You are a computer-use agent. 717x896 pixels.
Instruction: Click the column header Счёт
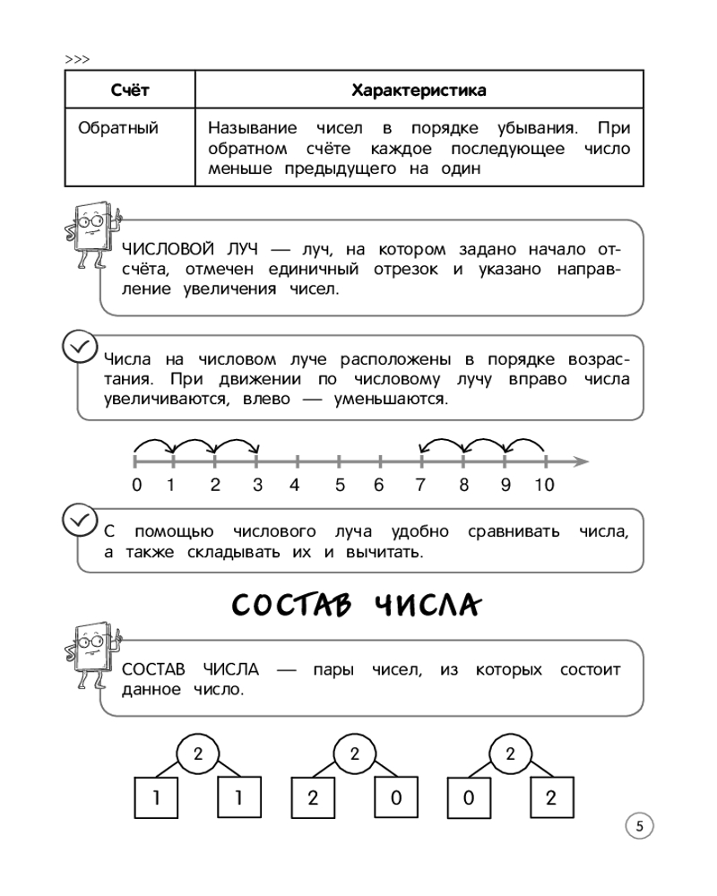tap(130, 90)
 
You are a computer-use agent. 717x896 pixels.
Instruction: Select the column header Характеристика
tap(419, 90)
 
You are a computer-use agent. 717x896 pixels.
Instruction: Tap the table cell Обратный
tap(118, 128)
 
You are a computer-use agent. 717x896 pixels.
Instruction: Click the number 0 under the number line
tap(136, 486)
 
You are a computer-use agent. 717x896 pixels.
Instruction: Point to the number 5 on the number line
tap(340, 486)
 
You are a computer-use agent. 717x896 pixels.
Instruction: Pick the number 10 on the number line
tap(544, 486)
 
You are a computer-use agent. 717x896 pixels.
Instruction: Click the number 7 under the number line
tap(421, 486)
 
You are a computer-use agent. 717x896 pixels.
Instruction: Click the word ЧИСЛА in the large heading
tap(425, 606)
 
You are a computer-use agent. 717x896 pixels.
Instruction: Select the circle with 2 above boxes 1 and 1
tap(198, 754)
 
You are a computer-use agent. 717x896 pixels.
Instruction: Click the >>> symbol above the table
tap(78, 59)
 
